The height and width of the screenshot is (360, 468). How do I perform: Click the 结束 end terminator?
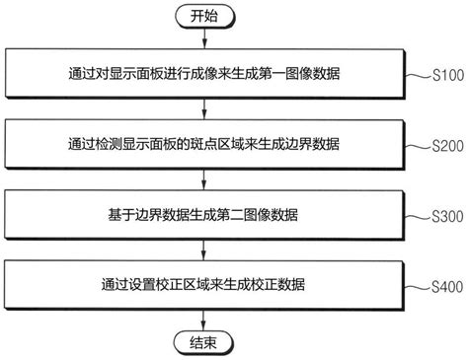(x=203, y=343)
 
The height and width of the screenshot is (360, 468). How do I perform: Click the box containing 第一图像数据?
(x=203, y=74)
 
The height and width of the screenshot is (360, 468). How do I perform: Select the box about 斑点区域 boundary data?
(x=203, y=145)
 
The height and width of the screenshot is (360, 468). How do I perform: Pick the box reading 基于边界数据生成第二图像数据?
(x=203, y=215)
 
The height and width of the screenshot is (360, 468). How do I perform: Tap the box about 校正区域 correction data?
(x=203, y=285)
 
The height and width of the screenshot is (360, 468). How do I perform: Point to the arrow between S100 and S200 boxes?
(x=203, y=109)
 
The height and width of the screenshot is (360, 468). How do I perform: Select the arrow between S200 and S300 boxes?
(x=203, y=180)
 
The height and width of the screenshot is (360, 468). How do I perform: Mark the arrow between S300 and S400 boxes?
(x=203, y=251)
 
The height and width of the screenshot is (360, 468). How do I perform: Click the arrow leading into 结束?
(x=203, y=320)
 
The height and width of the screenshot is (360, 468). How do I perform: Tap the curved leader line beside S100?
(x=417, y=77)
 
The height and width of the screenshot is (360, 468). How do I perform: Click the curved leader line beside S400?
(x=417, y=288)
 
